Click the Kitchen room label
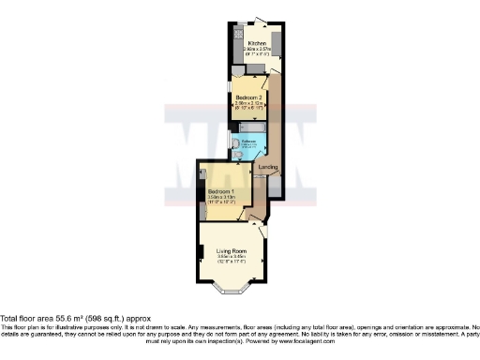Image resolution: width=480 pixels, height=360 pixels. pos(257,44)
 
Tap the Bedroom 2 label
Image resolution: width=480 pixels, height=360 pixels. pos(248,97)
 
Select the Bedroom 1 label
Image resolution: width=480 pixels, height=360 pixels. pos(221,191)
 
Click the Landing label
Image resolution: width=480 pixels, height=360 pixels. pos(267,168)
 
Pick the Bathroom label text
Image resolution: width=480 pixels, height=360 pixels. pos(248,142)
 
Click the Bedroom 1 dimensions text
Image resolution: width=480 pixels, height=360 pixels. pos(221,200)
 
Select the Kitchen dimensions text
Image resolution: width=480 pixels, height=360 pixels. pos(257,52)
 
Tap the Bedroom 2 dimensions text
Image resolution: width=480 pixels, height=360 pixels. pos(248,105)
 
